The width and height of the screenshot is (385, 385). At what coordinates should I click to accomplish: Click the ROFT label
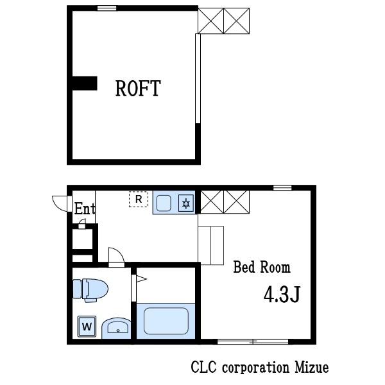click(138, 88)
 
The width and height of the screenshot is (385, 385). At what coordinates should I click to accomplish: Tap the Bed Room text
click(262, 267)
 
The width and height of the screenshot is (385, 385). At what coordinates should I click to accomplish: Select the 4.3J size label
click(282, 294)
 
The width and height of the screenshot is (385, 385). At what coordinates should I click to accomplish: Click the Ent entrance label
click(85, 209)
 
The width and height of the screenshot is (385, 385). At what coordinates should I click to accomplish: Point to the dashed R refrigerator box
click(139, 199)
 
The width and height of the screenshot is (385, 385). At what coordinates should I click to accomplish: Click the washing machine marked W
click(87, 327)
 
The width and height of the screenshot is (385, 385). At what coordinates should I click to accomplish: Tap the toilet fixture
click(90, 290)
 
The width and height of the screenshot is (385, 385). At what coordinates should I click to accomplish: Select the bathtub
click(166, 321)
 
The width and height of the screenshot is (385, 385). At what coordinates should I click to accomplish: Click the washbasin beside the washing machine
click(116, 329)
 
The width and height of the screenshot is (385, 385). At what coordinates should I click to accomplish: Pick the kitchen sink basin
click(164, 203)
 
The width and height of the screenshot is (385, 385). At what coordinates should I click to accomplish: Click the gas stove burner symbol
click(186, 203)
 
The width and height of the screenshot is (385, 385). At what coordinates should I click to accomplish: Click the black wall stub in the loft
click(85, 83)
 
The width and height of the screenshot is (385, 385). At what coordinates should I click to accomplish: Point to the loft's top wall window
click(107, 8)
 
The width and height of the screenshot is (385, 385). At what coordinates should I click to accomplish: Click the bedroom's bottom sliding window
click(253, 341)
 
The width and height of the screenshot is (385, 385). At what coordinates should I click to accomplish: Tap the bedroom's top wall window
click(282, 188)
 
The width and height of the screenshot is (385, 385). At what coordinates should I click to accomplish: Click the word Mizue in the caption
click(312, 368)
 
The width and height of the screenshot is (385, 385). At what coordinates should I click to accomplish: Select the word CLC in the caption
click(204, 368)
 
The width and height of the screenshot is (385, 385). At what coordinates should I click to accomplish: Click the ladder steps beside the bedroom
click(211, 245)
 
